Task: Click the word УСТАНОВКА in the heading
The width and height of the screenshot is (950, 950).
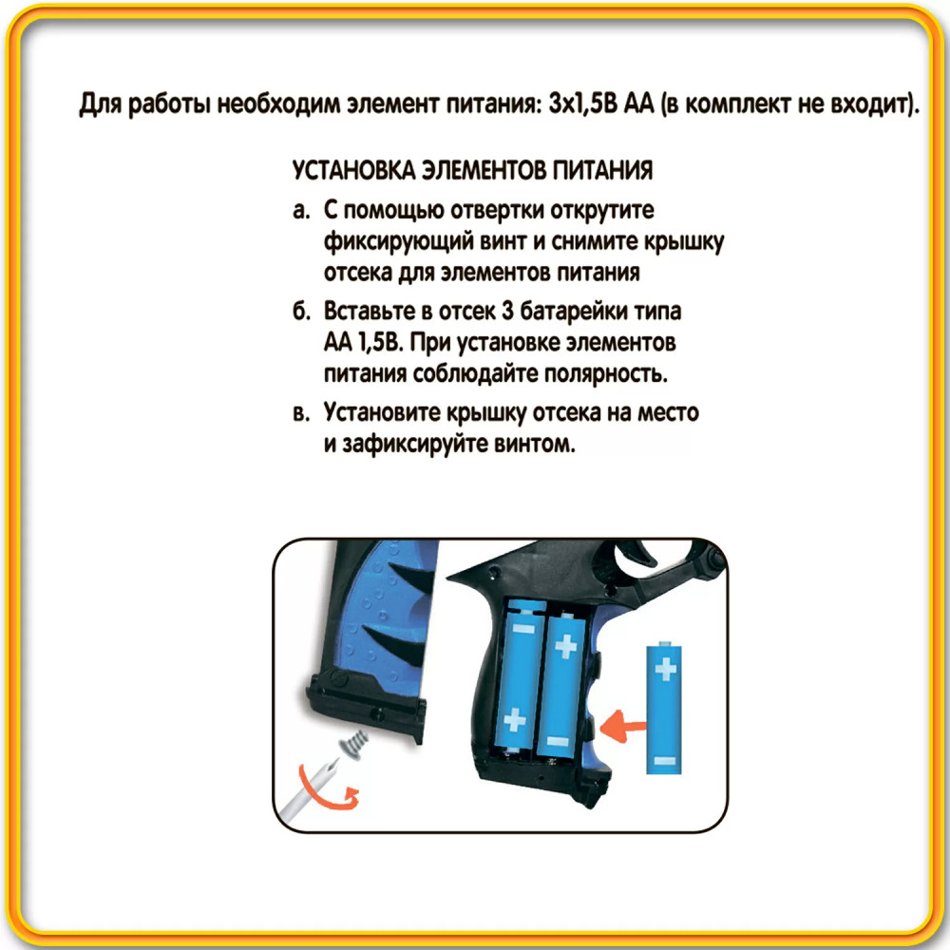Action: point(353,170)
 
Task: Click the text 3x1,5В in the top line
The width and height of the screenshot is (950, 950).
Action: point(583,104)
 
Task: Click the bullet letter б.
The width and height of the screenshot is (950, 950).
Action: point(301,312)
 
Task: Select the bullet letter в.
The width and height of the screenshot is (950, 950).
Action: point(301,413)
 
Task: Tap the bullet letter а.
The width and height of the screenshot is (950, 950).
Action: point(300,211)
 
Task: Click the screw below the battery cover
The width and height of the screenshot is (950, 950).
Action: point(353,743)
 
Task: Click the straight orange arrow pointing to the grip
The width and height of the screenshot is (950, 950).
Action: point(622,725)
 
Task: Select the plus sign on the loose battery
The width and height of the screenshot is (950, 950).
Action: point(665,669)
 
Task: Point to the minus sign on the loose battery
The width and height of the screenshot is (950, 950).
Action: point(665,760)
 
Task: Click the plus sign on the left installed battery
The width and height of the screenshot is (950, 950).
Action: point(515,720)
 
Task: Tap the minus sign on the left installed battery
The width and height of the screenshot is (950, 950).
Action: point(524,629)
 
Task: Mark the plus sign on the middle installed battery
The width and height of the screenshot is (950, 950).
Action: point(566,647)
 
